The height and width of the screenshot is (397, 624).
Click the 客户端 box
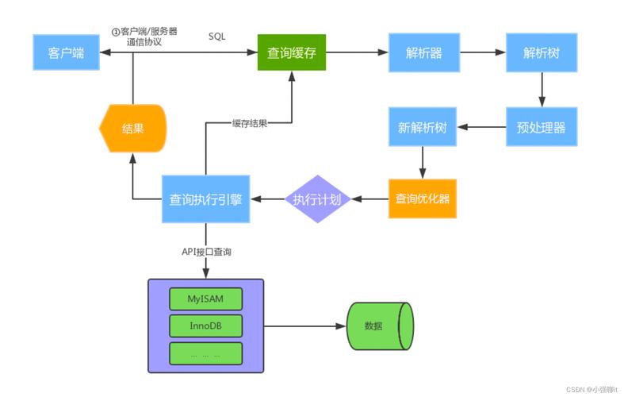[x=67, y=53]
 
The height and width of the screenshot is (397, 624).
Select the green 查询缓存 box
[x=292, y=53]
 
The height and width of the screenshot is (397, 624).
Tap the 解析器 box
[x=423, y=53]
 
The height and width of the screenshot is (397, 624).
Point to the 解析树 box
[x=541, y=53]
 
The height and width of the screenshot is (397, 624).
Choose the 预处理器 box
[x=541, y=127]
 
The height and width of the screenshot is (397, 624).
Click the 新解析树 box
[x=423, y=127]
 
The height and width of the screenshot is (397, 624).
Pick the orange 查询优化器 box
[x=423, y=198]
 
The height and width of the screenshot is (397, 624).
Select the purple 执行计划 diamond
[x=317, y=198]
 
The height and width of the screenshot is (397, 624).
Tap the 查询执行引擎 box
[x=206, y=198]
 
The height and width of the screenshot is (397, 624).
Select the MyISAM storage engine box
[x=205, y=299]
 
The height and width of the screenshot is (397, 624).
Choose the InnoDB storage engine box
[x=205, y=326]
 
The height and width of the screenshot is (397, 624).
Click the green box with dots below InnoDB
[x=205, y=353]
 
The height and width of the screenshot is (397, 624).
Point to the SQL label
[x=218, y=37]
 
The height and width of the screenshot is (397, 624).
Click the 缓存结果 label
[x=250, y=124]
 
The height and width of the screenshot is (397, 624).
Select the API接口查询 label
[x=207, y=252]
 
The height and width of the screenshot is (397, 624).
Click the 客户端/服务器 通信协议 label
[x=145, y=37]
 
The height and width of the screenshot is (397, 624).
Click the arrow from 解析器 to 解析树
[x=482, y=53]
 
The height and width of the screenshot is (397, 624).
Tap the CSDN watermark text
[x=591, y=390]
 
